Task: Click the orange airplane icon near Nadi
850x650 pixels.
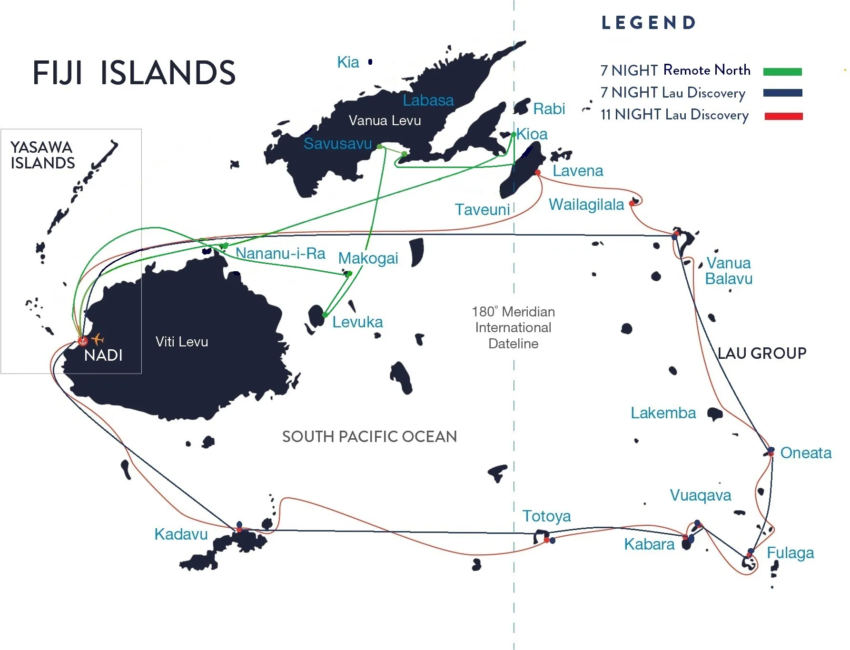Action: (98, 339)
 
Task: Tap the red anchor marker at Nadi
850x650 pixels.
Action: (83, 341)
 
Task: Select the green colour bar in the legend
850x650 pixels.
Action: (782, 72)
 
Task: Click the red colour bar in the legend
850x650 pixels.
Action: (783, 116)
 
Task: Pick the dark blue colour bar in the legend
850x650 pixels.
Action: (782, 93)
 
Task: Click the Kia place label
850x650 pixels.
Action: (348, 62)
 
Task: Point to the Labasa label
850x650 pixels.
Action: (428, 100)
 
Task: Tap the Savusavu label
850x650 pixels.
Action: (337, 143)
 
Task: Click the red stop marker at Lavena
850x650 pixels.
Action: (538, 172)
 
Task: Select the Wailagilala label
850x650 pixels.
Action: (586, 205)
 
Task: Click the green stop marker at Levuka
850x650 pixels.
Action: (325, 315)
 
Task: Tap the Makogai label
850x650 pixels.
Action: (368, 258)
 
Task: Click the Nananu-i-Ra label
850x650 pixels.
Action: (280, 253)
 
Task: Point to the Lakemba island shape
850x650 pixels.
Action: (714, 414)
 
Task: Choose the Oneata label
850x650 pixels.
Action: (806, 453)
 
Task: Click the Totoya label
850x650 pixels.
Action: (546, 516)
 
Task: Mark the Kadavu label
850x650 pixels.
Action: (181, 534)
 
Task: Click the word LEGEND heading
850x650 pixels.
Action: (648, 22)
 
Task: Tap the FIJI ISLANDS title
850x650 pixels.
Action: (134, 73)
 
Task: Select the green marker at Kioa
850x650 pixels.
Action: (514, 135)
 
